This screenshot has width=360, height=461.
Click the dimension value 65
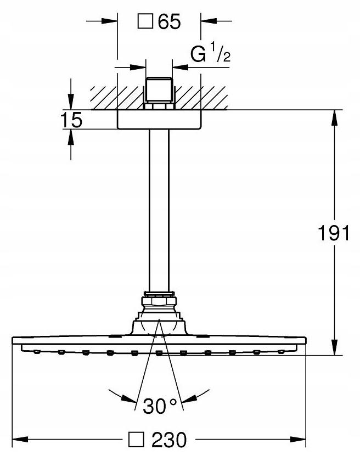[169, 23]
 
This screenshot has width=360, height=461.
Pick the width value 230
[170, 440]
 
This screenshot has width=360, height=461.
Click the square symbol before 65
[145, 23]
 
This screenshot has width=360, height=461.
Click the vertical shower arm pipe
[159, 209]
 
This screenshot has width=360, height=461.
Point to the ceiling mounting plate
[159, 119]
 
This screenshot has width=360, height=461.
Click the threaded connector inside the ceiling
[159, 91]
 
